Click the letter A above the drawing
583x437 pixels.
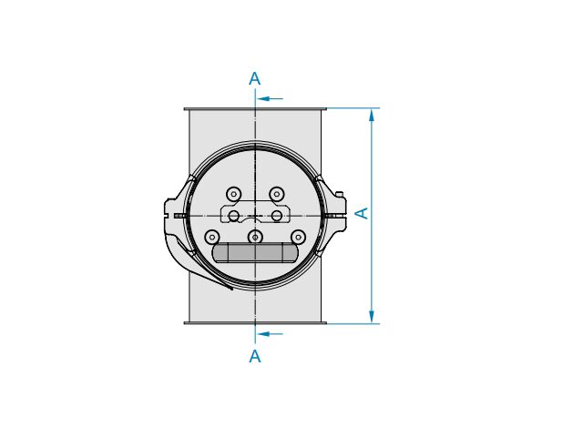[255, 79]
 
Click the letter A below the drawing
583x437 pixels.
[255, 356]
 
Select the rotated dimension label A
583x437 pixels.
[362, 213]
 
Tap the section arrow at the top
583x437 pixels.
[270, 99]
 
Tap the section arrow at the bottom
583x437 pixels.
[270, 334]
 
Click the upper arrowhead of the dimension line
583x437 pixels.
[372, 116]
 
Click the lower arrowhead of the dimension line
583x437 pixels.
[372, 316]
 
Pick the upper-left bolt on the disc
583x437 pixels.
[233, 194]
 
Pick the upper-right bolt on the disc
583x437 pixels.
[277, 194]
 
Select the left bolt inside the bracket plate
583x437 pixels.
[233, 216]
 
